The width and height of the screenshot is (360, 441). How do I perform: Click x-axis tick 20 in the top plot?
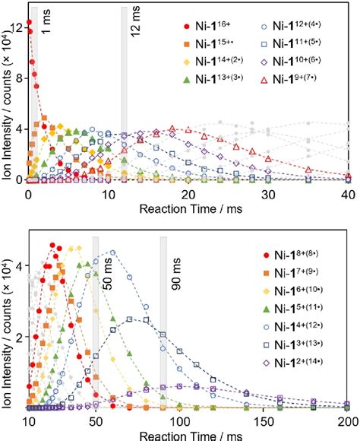pyautogui.click(x=188, y=195)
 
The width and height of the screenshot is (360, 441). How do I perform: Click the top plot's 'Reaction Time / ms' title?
pyautogui.click(x=187, y=208)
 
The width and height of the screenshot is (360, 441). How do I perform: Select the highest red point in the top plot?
pyautogui.click(x=29, y=23)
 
